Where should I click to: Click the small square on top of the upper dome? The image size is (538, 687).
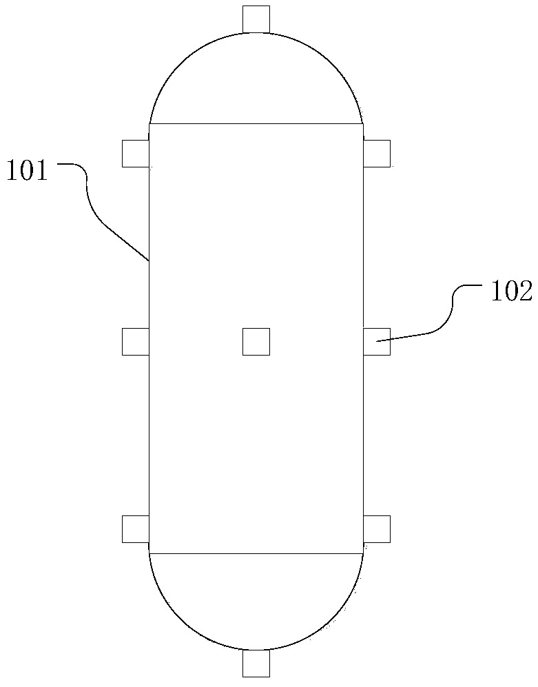[256, 20]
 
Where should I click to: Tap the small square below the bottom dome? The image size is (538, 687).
[256, 664]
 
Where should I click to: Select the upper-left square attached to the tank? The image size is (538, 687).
[136, 154]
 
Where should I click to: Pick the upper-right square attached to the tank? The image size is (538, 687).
[377, 154]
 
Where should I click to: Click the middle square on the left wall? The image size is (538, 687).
[136, 341]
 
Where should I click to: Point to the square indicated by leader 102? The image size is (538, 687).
[377, 341]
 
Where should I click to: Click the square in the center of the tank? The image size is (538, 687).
[256, 341]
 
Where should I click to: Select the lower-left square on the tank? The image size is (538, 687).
[136, 529]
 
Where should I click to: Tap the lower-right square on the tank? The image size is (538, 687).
[377, 529]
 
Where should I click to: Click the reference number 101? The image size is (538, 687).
[27, 170]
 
